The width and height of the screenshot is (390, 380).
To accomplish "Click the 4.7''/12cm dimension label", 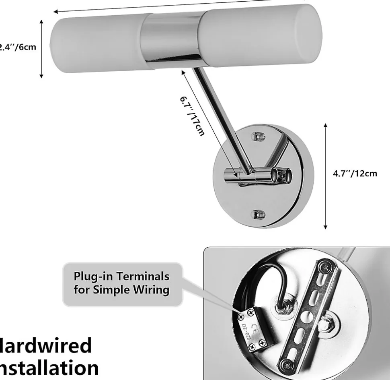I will click(355, 174).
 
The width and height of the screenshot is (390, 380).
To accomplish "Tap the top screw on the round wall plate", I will click(259, 137).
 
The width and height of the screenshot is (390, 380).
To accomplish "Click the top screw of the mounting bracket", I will click(324, 266).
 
